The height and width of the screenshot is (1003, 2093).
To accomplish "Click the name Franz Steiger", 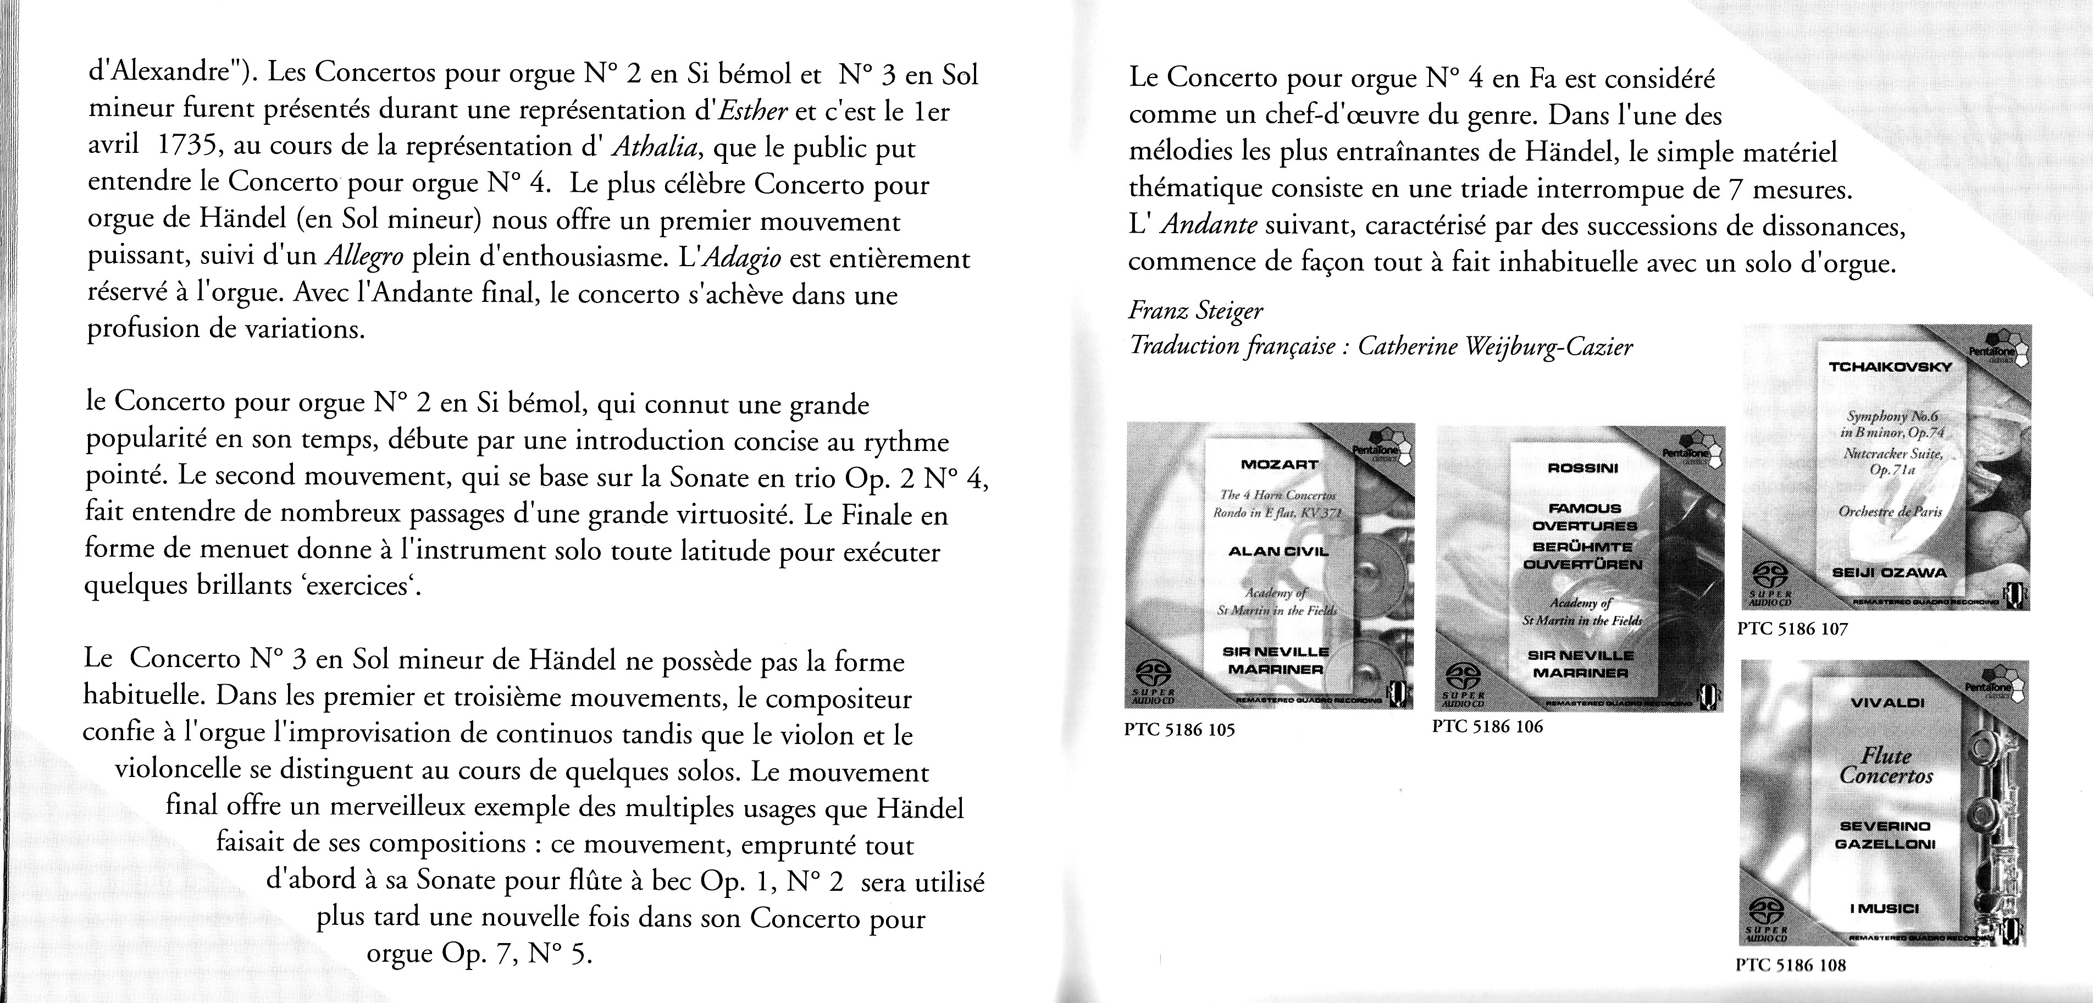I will pos(1195,311).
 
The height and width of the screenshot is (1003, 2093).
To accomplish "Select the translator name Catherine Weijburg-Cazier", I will pos(1495,347).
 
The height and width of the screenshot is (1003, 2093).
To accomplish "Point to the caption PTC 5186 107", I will pos(1792,629).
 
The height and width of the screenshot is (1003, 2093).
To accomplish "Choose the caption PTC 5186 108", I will pos(1791,966).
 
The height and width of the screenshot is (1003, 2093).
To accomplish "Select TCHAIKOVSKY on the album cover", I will pos(1889,367).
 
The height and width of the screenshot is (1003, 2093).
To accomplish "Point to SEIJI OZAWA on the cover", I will pos(1888,573).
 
